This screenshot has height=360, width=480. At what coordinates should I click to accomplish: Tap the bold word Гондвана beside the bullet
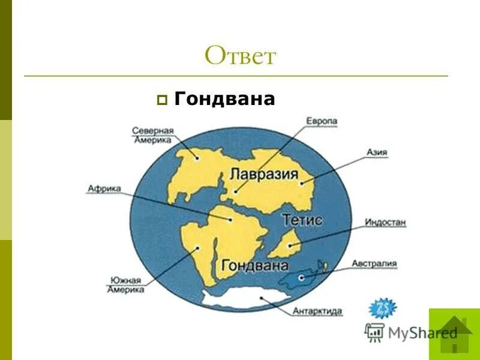click(x=224, y=99)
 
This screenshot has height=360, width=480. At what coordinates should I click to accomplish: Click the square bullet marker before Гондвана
click(x=161, y=100)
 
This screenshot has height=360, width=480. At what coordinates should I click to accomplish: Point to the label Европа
click(x=322, y=121)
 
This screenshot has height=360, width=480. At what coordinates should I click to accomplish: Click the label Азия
click(x=378, y=153)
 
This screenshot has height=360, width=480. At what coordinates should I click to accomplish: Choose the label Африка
click(x=104, y=188)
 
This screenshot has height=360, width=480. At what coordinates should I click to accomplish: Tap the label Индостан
click(x=385, y=223)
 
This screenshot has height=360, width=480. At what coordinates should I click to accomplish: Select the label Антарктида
click(x=317, y=311)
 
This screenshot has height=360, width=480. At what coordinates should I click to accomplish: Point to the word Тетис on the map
click(x=302, y=220)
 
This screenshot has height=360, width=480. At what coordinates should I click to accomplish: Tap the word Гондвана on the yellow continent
click(x=255, y=264)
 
